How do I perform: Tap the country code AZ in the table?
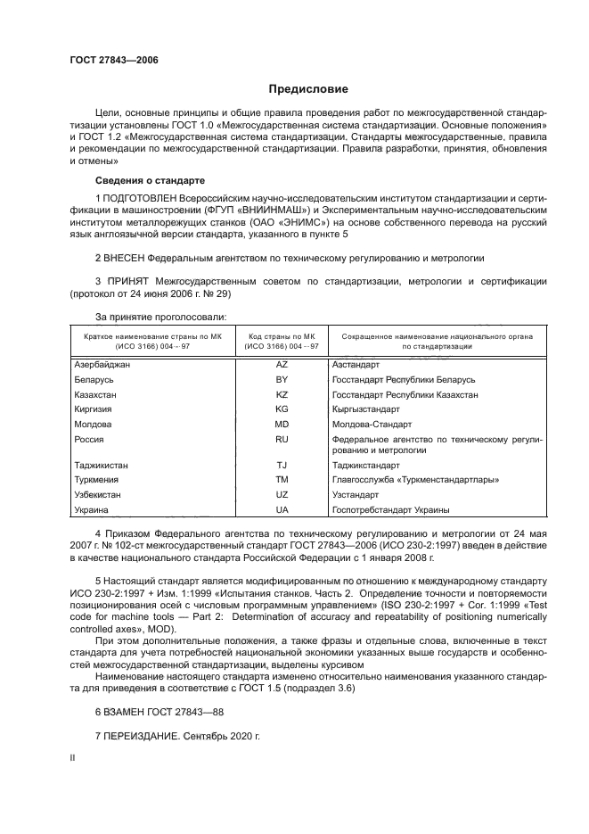(282, 365)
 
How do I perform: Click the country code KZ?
(282, 394)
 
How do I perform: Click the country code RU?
(282, 439)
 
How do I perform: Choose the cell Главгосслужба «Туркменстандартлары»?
(414, 480)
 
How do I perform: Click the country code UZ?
(282, 494)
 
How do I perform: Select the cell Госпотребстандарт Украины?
(390, 509)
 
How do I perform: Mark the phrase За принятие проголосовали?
(160, 317)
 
